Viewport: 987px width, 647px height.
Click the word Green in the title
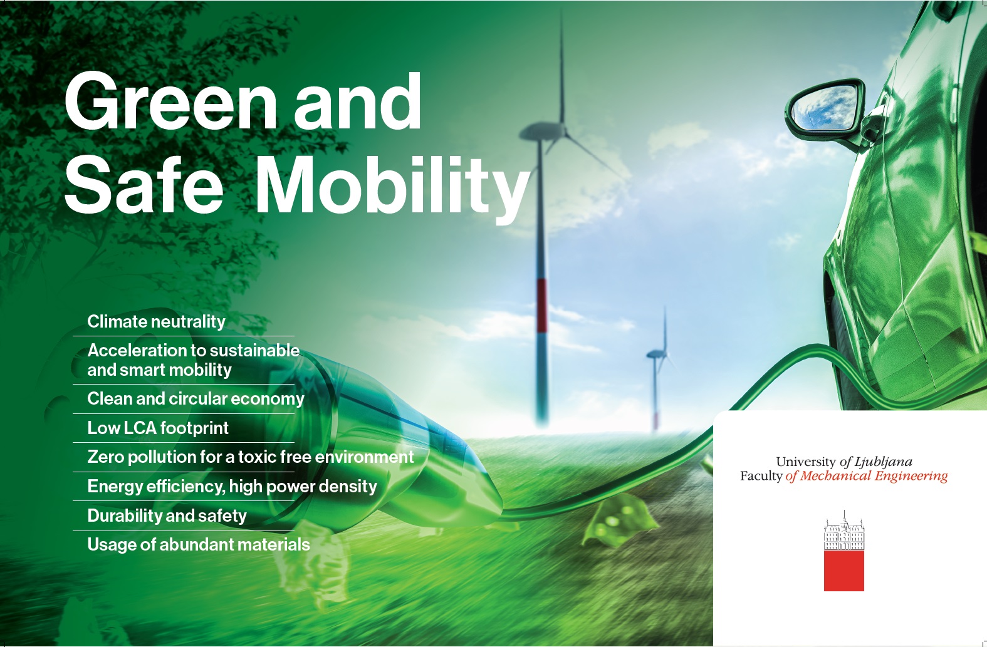point(171,101)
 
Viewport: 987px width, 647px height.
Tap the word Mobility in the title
point(392,187)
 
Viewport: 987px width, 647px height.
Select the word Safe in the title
point(144,185)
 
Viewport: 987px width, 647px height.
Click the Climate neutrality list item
point(156,321)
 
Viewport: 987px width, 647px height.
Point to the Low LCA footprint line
point(158,428)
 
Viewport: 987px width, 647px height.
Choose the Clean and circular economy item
point(196,398)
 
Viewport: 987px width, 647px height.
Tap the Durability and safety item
point(167,515)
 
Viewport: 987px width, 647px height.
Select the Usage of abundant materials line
point(199,545)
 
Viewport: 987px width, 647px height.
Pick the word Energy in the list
point(115,487)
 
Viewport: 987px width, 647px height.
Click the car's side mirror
point(825,108)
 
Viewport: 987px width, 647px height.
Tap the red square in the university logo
point(843,571)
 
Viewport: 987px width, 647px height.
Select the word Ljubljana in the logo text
point(884,462)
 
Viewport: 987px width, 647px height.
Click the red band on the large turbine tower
point(541,306)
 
